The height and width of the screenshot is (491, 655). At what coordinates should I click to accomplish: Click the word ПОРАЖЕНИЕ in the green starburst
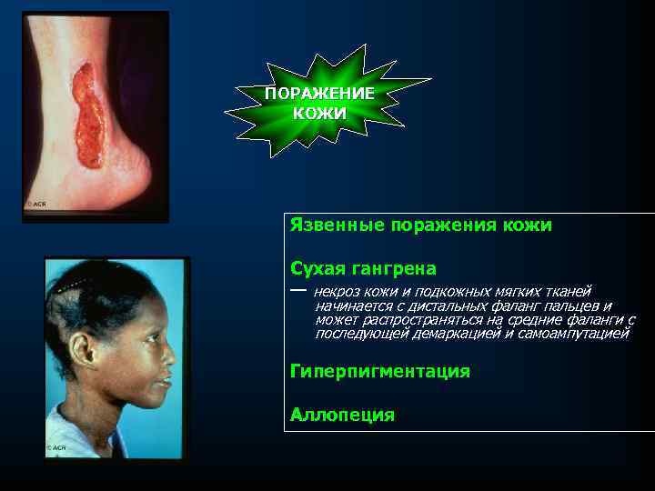coord(319,95)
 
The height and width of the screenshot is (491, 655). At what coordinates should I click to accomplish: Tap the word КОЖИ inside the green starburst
coord(319,114)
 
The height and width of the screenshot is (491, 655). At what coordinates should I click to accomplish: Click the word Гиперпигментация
coord(379,371)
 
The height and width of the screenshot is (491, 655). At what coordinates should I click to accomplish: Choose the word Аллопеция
coord(342,416)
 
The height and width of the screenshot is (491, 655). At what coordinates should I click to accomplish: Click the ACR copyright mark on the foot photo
coord(35,205)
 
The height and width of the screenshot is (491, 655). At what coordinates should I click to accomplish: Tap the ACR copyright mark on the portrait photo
coord(56,447)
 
